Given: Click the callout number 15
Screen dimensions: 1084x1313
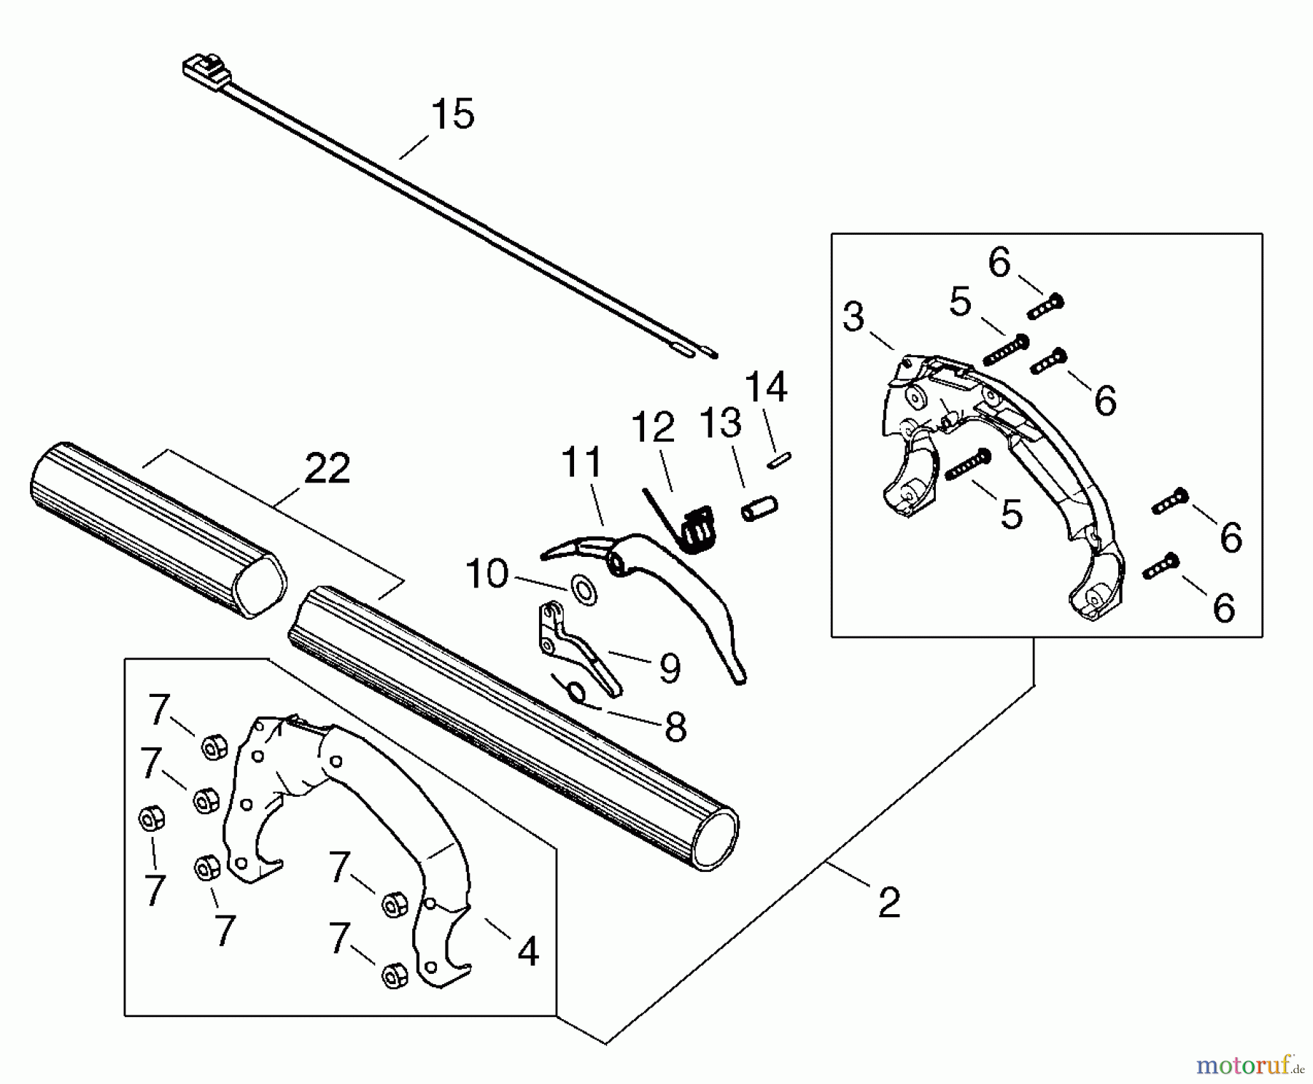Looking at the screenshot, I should click(x=452, y=115).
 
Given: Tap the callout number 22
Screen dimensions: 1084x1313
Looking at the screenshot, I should click(x=328, y=469).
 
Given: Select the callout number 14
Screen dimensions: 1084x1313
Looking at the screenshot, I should click(x=766, y=387).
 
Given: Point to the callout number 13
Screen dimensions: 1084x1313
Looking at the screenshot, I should click(x=721, y=424).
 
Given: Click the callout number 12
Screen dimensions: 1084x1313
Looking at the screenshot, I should click(x=653, y=428).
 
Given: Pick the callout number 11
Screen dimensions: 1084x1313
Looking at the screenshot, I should click(x=582, y=462).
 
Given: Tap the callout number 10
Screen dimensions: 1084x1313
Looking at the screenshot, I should click(x=487, y=574).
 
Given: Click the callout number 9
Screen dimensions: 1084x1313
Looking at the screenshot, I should click(x=670, y=668).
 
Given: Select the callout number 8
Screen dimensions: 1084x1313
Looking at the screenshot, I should click(x=675, y=727).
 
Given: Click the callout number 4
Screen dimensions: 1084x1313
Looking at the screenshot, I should click(x=527, y=951).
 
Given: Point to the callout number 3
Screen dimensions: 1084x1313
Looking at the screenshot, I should click(x=853, y=317).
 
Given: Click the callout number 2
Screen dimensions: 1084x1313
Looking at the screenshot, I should click(x=889, y=903).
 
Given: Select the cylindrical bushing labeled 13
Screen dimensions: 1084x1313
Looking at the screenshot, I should click(x=760, y=509).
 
